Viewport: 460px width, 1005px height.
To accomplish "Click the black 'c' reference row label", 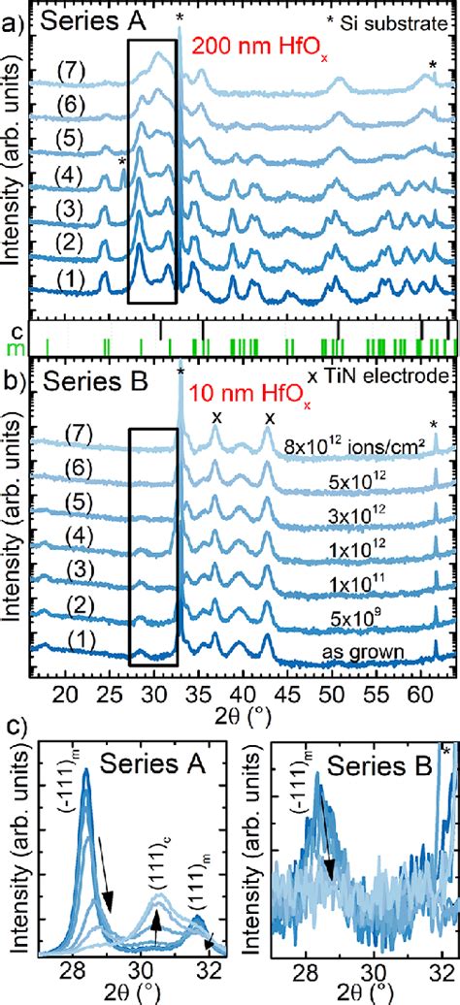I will (12, 331).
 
